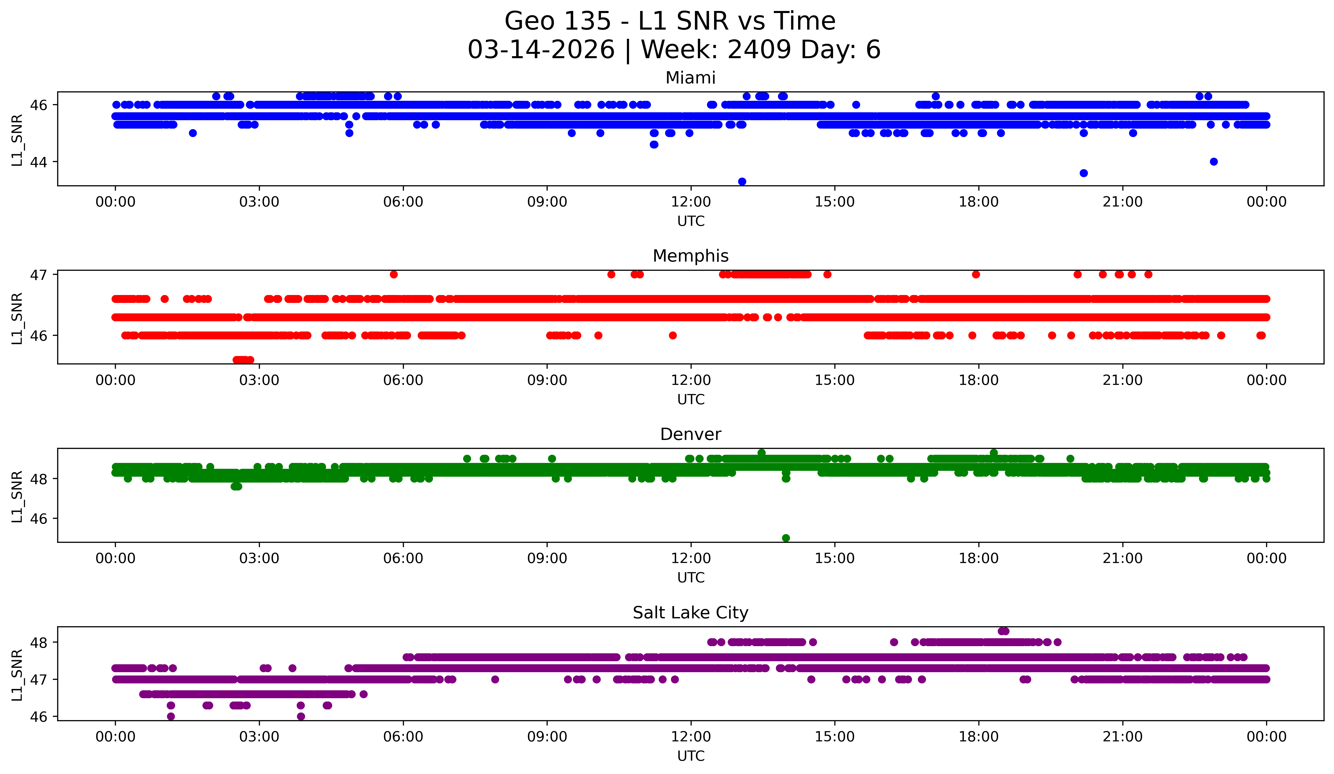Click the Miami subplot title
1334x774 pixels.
[x=690, y=78]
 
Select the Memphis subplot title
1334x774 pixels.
[x=690, y=256]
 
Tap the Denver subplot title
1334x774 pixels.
[x=690, y=434]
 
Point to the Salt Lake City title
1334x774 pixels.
[x=690, y=613]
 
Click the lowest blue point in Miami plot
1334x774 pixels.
[x=742, y=181]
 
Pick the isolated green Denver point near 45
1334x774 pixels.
[x=786, y=538]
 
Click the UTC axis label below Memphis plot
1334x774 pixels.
[x=691, y=399]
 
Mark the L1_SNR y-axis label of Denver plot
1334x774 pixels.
[x=17, y=496]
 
